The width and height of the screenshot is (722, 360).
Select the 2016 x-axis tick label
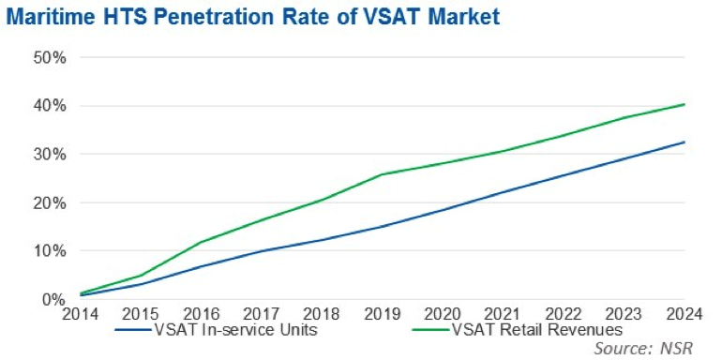pos(203,314)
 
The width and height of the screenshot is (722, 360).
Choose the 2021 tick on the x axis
pos(504,314)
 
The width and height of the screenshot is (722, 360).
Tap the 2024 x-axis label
pos(684,314)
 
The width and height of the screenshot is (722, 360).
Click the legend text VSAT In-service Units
pos(234,330)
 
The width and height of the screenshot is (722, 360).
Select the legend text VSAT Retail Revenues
pos(537,330)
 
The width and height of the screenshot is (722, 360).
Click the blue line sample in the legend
pos(132,330)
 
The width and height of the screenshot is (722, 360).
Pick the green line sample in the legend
pos(432,330)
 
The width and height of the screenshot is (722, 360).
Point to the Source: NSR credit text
pos(643,348)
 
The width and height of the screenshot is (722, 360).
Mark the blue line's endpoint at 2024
pos(684,142)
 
